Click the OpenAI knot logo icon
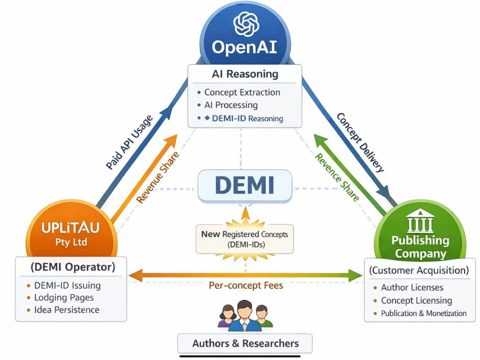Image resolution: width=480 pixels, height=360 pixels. (246, 24)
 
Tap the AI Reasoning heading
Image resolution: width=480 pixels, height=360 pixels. (245, 74)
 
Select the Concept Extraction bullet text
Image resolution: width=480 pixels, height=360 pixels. (242, 92)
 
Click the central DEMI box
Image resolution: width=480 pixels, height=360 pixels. (244, 185)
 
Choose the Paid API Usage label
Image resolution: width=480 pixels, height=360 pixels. (130, 142)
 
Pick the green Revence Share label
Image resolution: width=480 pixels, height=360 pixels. (337, 177)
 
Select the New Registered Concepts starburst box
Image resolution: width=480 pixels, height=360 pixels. (244, 239)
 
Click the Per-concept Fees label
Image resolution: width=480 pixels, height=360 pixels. (246, 285)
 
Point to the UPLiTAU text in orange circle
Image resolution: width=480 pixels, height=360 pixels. (70, 228)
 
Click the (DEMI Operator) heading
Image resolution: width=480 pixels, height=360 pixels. (73, 267)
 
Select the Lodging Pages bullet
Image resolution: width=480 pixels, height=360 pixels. (64, 297)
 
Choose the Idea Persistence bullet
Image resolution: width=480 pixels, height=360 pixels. (66, 310)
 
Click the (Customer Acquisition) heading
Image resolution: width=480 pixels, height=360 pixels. (419, 270)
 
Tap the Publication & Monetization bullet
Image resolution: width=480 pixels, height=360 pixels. (423, 313)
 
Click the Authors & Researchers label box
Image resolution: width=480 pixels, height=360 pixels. (245, 343)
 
